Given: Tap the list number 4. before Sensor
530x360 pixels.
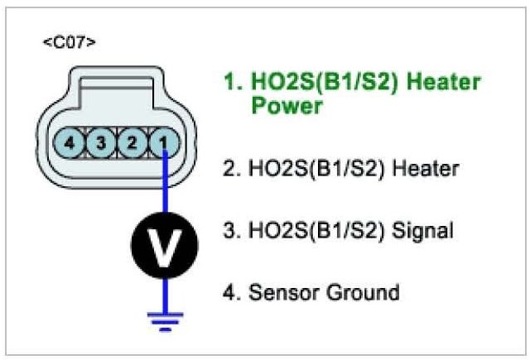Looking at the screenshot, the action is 233,292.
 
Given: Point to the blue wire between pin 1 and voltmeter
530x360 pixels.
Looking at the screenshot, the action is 166,186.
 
